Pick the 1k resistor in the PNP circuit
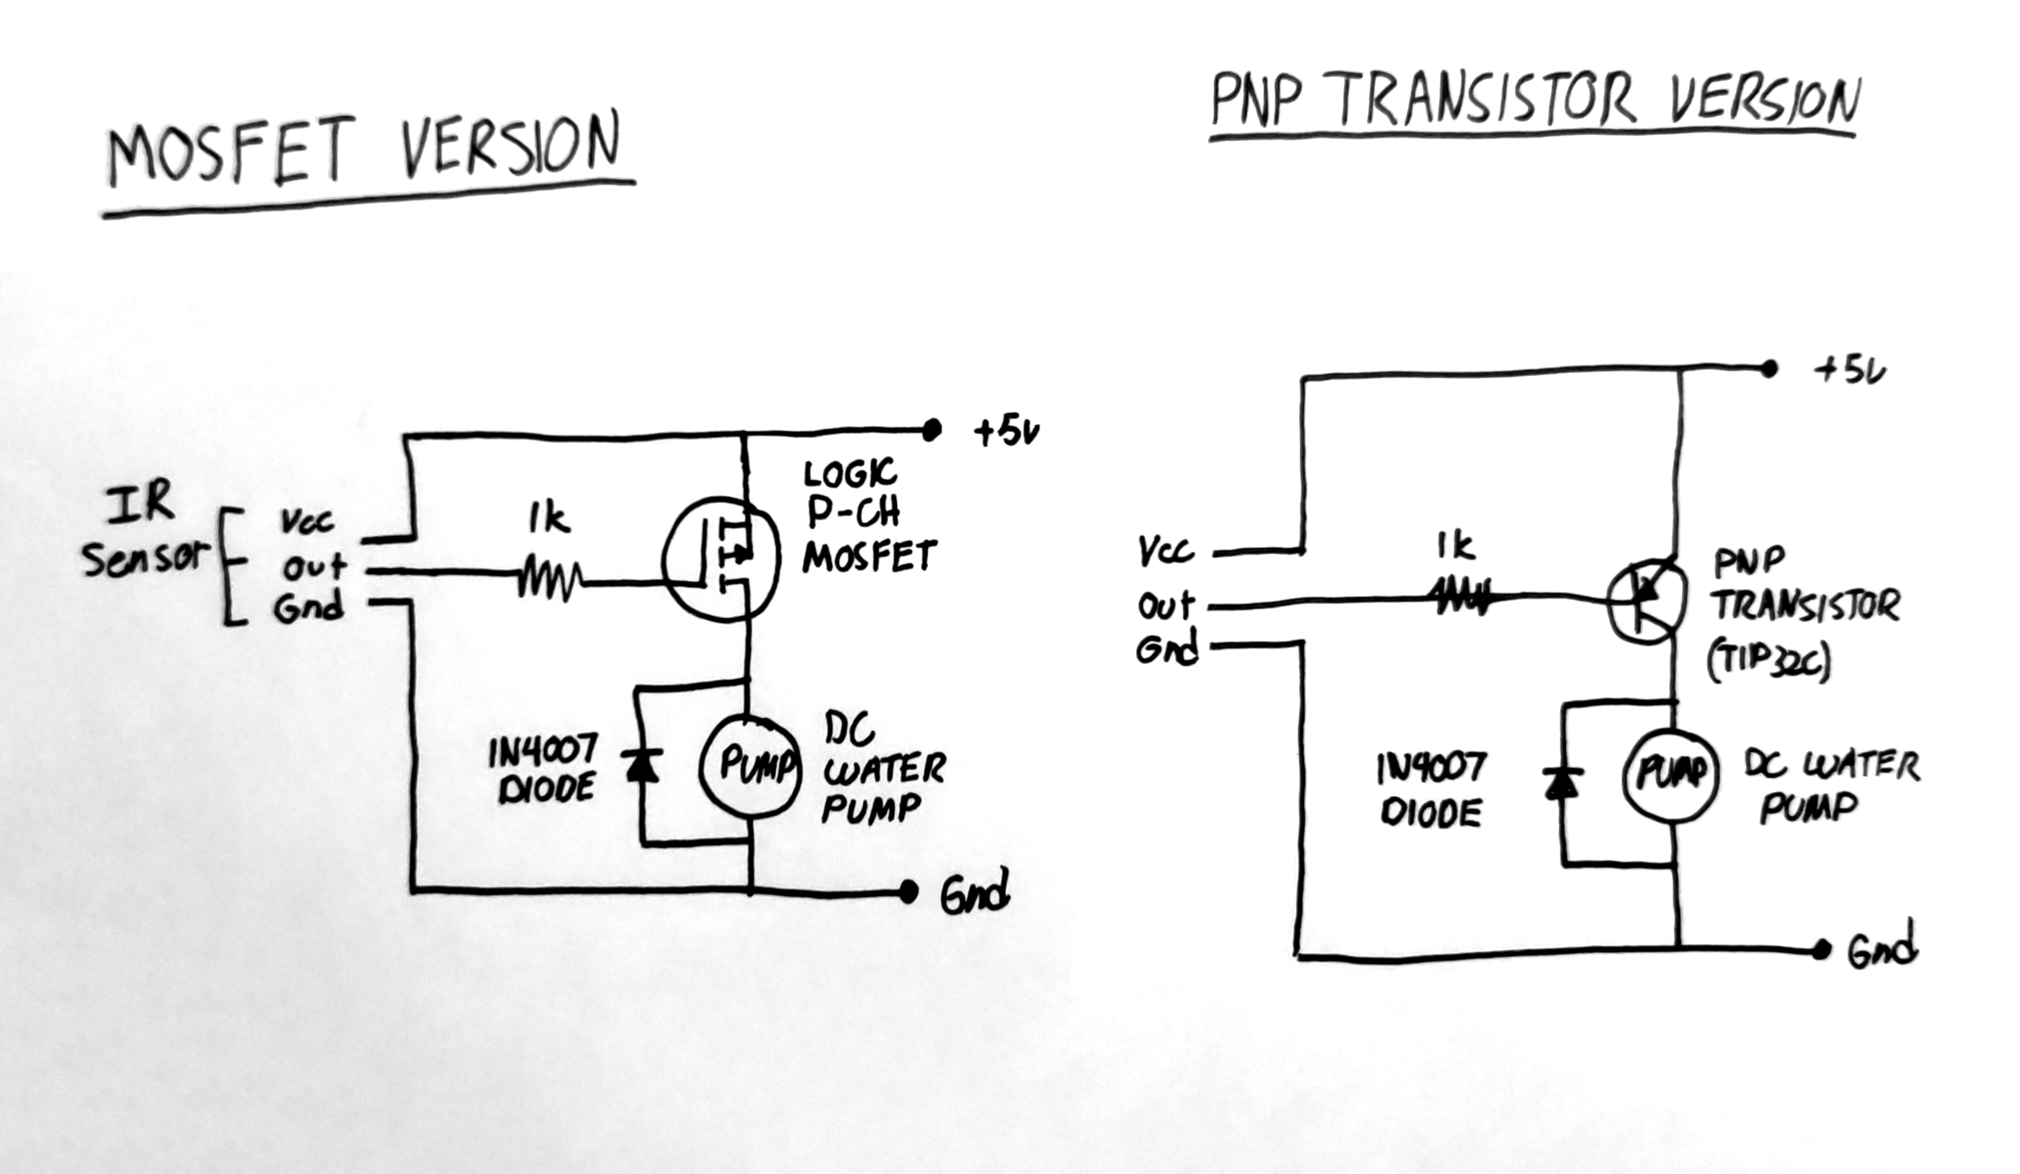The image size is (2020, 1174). pos(1460,598)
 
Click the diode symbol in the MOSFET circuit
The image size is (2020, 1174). pos(642,766)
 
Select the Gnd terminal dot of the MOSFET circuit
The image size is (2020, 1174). pos(908,891)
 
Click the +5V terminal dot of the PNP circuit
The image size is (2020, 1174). pos(1769,369)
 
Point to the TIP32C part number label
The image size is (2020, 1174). pos(1769,662)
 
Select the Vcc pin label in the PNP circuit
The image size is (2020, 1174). pos(1166,552)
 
